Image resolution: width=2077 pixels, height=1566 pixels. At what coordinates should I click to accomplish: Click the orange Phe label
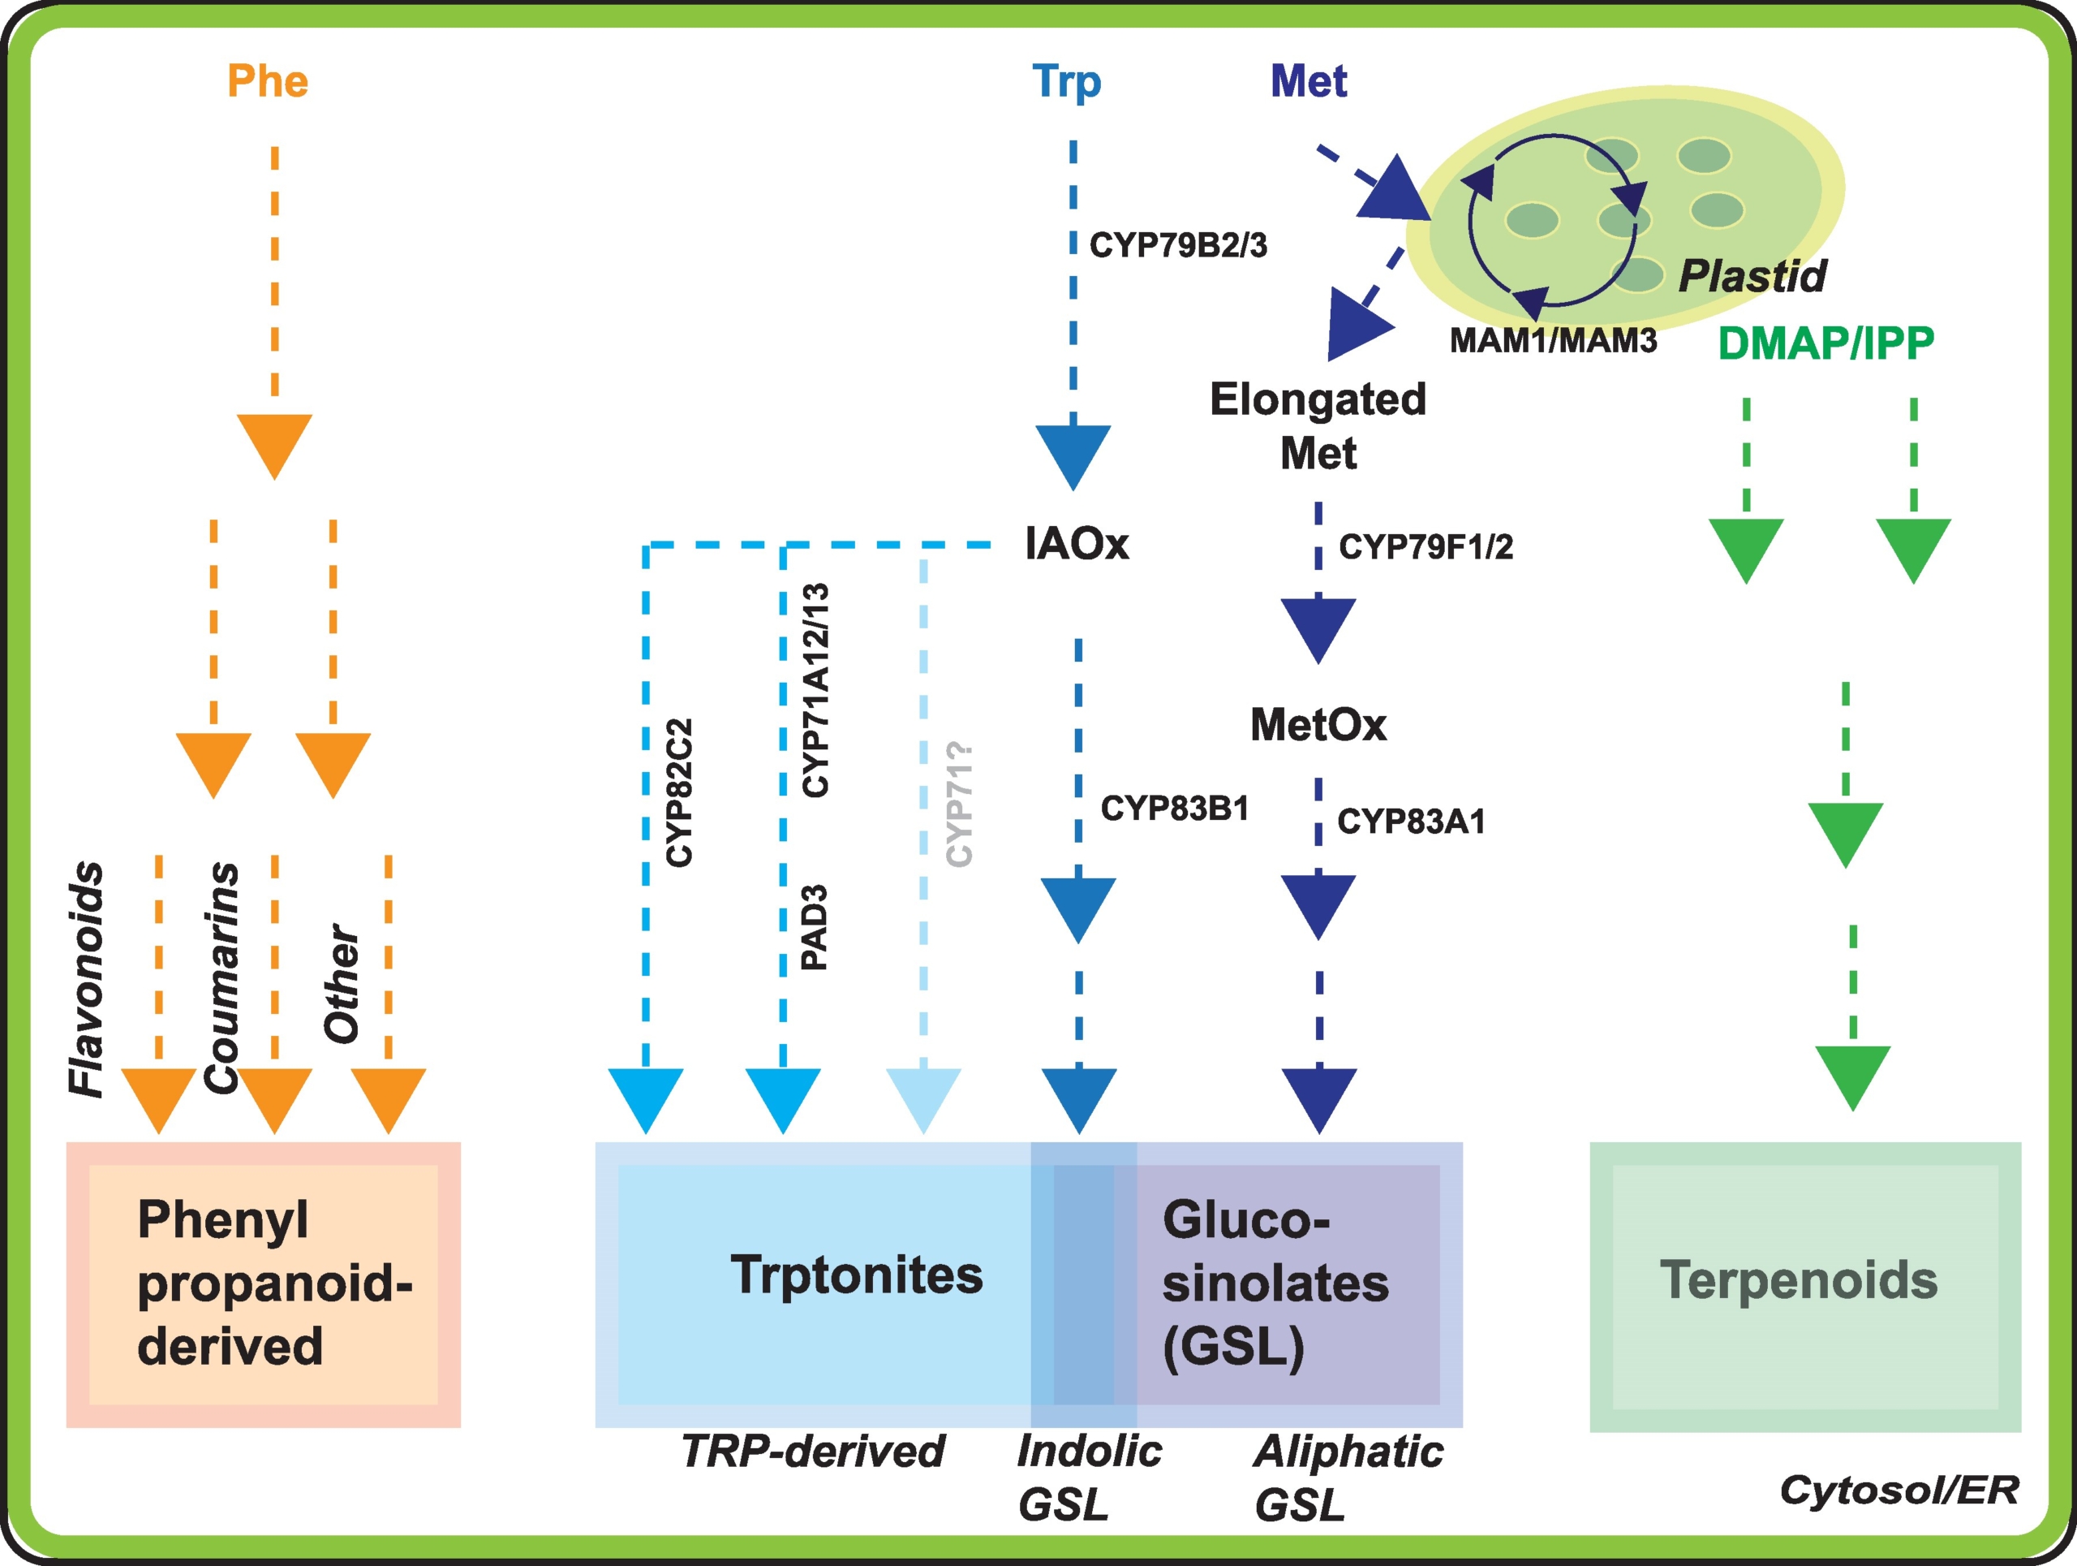click(268, 82)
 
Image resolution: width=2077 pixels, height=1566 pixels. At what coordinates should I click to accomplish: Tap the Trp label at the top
click(1066, 82)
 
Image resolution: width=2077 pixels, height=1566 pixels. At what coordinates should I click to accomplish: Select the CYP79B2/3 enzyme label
click(1177, 245)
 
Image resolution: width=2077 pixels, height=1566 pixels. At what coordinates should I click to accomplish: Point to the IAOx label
click(1076, 544)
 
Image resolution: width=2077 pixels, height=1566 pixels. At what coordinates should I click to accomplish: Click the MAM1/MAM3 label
click(1553, 340)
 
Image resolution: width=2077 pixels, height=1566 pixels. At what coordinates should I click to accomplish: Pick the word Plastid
click(1752, 276)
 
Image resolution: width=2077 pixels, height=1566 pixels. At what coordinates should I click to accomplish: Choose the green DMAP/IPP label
click(1825, 344)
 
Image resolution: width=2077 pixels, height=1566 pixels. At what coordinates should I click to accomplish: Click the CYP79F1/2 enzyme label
click(1426, 546)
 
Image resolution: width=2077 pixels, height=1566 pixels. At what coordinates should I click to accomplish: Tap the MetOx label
click(1318, 724)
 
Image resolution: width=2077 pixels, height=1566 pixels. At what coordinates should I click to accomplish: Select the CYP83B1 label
click(1175, 808)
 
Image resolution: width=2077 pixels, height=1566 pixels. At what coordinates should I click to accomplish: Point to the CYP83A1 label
click(1410, 821)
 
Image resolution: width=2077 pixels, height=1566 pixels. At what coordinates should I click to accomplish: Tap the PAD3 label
click(814, 926)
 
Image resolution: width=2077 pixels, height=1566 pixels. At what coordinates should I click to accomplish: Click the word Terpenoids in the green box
click(1798, 1280)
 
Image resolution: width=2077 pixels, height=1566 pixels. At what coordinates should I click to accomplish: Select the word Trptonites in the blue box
click(856, 1275)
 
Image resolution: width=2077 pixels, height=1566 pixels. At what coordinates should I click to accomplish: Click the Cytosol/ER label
click(1899, 1490)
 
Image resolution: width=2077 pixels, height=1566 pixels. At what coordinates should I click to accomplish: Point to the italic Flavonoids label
click(86, 979)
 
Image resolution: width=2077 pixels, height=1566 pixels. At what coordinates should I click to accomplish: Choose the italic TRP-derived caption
click(812, 1452)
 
